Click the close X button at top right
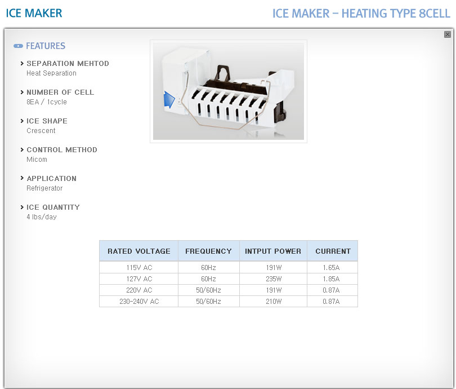448,34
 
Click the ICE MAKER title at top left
34,13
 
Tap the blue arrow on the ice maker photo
169,100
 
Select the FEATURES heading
46,46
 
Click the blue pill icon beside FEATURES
19,46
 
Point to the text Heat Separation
51,73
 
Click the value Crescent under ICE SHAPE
41,131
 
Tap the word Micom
37,160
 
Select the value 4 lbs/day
42,217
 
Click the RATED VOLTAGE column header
139,251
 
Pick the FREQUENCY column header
208,251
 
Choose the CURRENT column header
333,251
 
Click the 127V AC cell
139,279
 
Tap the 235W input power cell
274,279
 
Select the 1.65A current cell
331,268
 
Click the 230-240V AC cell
139,302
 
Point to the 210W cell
274,302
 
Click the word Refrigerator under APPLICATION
44,188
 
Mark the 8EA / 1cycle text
47,102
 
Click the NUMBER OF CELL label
60,92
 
